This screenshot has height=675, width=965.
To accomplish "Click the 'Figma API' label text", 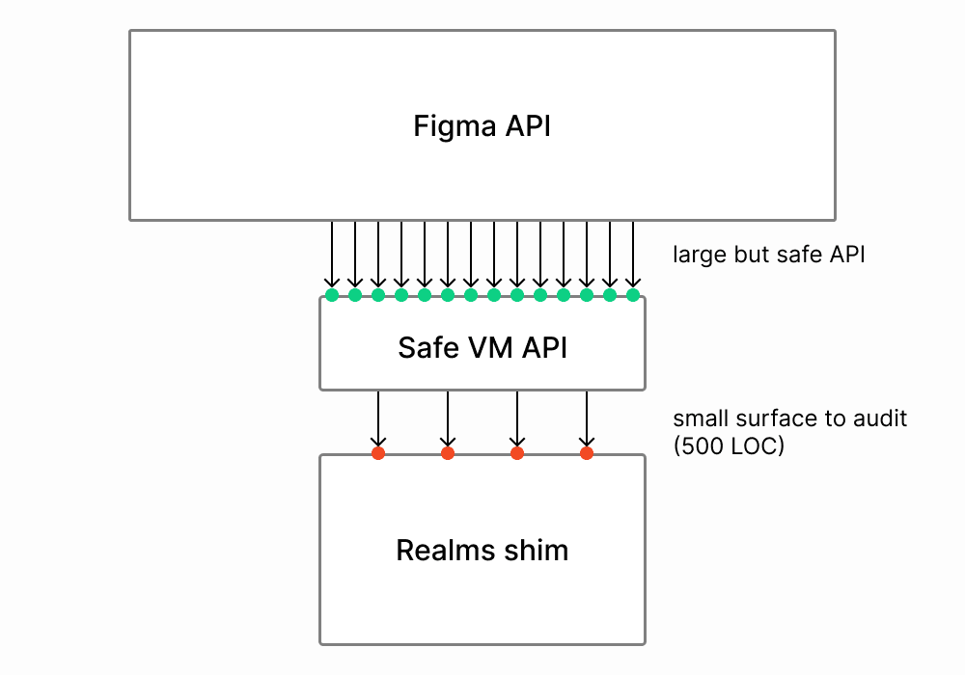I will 482,126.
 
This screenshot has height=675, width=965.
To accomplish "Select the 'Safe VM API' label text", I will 482,347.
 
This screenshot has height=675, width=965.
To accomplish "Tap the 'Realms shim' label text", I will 482,551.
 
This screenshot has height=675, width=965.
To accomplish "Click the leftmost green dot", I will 332,295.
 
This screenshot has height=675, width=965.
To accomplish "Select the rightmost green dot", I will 633,295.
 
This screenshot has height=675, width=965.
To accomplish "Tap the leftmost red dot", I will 378,452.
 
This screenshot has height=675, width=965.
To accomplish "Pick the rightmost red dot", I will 586,452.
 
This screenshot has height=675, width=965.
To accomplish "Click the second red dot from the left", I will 448,452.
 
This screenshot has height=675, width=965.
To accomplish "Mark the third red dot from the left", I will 517,452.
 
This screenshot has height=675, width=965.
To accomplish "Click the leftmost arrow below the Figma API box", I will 332,256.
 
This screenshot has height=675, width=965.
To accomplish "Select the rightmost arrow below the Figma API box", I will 633,256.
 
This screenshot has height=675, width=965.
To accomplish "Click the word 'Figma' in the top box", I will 446,126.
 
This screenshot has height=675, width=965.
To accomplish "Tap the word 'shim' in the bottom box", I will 537,551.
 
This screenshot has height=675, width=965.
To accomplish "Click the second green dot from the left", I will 355,295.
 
